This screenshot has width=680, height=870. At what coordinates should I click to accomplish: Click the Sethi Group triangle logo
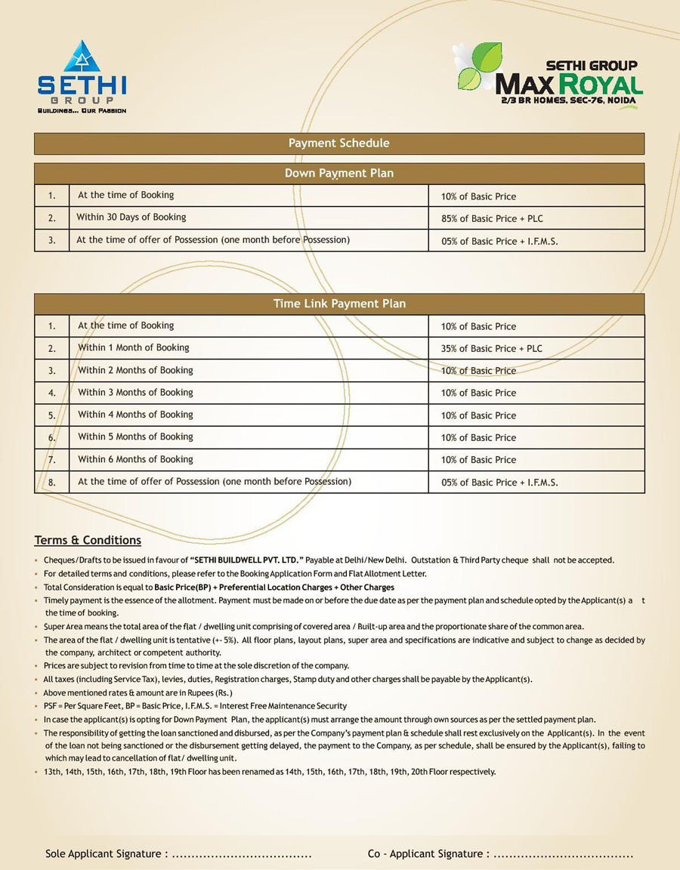pyautogui.click(x=82, y=57)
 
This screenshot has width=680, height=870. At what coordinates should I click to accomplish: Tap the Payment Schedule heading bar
pyautogui.click(x=339, y=143)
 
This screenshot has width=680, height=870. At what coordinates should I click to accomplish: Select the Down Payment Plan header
pyautogui.click(x=339, y=174)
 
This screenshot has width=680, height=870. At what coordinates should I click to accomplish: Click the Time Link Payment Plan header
pyautogui.click(x=339, y=304)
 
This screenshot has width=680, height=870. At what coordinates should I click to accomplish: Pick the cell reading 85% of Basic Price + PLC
pyautogui.click(x=492, y=219)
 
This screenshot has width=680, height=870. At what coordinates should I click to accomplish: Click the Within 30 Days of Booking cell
pyautogui.click(x=131, y=217)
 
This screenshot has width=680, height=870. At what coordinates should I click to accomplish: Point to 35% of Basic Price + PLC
pyautogui.click(x=492, y=349)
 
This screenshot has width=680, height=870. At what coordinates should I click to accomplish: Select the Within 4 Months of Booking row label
pyautogui.click(x=136, y=415)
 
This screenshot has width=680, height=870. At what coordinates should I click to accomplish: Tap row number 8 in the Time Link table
pyautogui.click(x=52, y=482)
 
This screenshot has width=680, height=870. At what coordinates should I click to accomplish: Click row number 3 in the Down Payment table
pyautogui.click(x=52, y=241)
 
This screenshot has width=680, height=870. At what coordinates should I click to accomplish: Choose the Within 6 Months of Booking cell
pyautogui.click(x=136, y=459)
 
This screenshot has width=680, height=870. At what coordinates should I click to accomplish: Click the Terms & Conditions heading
pyautogui.click(x=88, y=541)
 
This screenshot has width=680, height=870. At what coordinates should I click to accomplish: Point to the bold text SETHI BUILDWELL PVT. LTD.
pyautogui.click(x=247, y=560)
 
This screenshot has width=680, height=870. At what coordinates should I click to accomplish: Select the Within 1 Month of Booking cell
pyautogui.click(x=134, y=348)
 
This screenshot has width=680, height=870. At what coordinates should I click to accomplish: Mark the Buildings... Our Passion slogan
pyautogui.click(x=82, y=110)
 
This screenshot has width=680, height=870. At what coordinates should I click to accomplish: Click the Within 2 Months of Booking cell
pyautogui.click(x=136, y=370)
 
